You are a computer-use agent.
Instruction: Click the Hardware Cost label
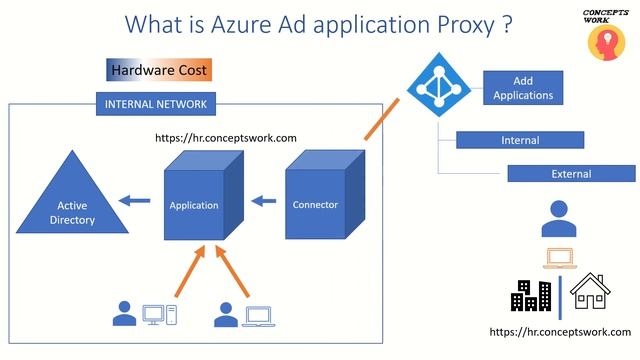158,71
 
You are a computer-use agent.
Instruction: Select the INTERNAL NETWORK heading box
155,102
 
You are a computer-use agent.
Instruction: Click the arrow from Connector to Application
264,201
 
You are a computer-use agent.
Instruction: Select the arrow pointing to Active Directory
135,201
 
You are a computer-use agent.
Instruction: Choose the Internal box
520,141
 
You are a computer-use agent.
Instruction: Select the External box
571,174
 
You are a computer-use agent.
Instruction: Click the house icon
590,292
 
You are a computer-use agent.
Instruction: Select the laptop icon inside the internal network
258,316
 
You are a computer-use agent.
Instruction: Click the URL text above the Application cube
227,138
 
